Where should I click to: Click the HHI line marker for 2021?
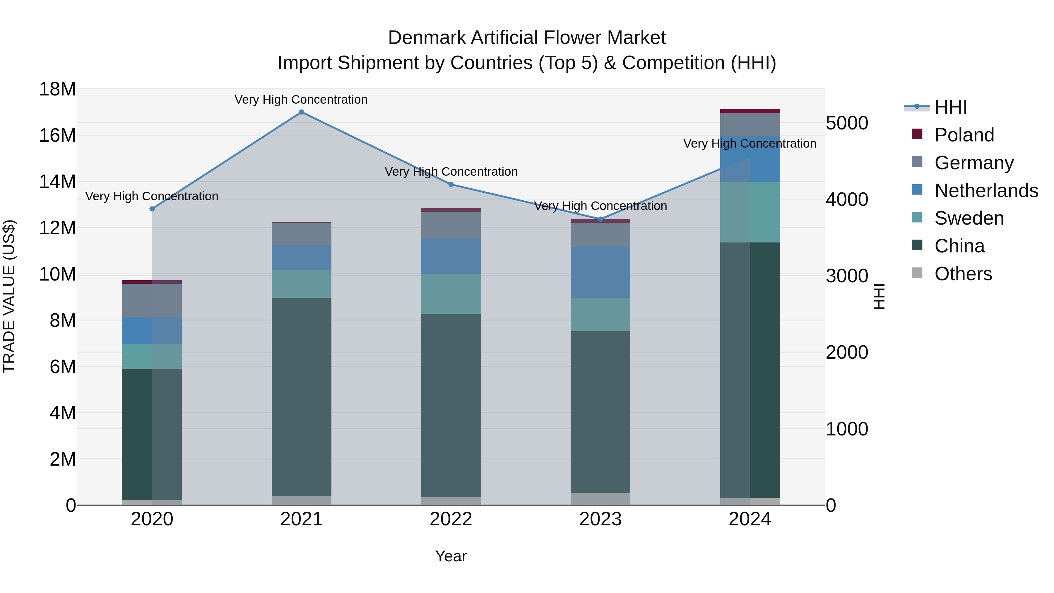click(301, 112)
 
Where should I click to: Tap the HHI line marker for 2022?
click(451, 184)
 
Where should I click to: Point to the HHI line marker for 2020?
click(152, 209)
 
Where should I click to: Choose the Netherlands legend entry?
click(986, 191)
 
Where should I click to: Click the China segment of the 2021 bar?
click(301, 397)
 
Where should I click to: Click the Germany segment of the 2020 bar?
click(152, 300)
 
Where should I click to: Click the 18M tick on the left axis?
click(57, 89)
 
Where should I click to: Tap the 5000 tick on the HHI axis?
click(846, 123)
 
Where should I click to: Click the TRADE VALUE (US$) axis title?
click(9, 296)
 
